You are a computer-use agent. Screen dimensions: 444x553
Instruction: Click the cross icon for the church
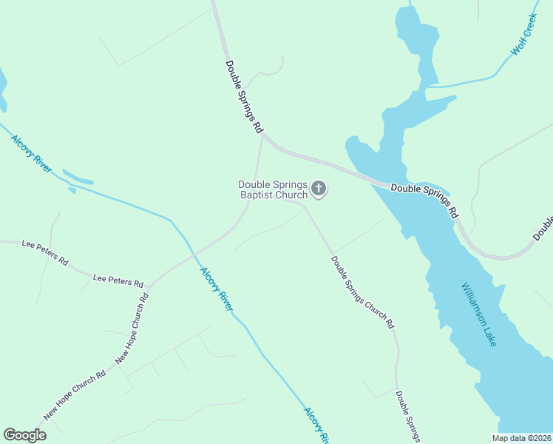pyautogui.click(x=319, y=189)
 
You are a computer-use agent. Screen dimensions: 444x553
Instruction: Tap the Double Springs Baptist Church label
pyautogui.click(x=272, y=190)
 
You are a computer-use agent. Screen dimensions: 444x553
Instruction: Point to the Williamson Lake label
pyautogui.click(x=479, y=314)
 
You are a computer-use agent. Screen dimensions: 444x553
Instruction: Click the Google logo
pyautogui.click(x=25, y=435)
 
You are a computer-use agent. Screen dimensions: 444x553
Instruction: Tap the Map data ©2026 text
pyautogui.click(x=521, y=438)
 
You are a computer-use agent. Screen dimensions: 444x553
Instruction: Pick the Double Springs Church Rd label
pyautogui.click(x=362, y=292)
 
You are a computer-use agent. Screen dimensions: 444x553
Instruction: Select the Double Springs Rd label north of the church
pyautogui.click(x=244, y=96)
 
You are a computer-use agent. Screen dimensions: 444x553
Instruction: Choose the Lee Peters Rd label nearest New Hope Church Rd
pyautogui.click(x=118, y=280)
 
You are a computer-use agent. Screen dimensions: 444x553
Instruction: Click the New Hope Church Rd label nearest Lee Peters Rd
pyautogui.click(x=132, y=329)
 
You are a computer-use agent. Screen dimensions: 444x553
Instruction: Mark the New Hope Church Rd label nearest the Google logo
pyautogui.click(x=75, y=395)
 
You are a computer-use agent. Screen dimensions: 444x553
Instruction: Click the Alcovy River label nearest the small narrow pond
pyautogui.click(x=31, y=153)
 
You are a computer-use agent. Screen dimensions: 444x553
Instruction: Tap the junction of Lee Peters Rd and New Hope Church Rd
pyautogui.click(x=149, y=285)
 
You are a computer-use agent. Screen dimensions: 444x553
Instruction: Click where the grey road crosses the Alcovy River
pyautogui.click(x=193, y=253)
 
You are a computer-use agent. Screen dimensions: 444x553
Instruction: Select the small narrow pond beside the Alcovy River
pyautogui.click(x=78, y=178)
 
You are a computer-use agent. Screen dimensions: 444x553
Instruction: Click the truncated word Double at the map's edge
pyautogui.click(x=543, y=229)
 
